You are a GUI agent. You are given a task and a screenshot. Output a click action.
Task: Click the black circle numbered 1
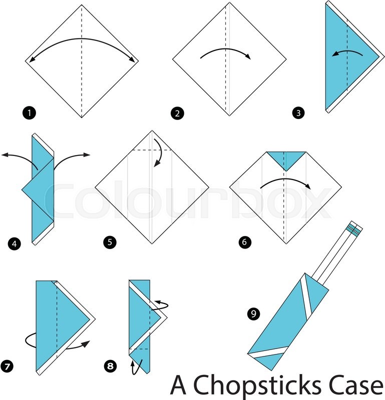click(29, 112)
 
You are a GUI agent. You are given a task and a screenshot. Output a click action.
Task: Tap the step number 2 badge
click(178, 113)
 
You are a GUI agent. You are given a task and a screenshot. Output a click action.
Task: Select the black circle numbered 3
click(298, 112)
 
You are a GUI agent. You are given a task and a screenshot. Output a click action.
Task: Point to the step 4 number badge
click(15, 243)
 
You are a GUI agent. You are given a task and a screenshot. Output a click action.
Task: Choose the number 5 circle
click(110, 242)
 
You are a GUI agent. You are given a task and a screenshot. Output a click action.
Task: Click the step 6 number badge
click(245, 241)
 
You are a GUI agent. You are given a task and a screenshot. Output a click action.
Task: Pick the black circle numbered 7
click(7, 366)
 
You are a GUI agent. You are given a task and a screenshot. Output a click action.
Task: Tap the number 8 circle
click(110, 366)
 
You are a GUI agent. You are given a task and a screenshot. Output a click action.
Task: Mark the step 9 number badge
click(254, 313)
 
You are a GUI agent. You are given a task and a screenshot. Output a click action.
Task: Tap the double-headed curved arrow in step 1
click(82, 39)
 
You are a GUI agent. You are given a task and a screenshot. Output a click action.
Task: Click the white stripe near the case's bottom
click(269, 352)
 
